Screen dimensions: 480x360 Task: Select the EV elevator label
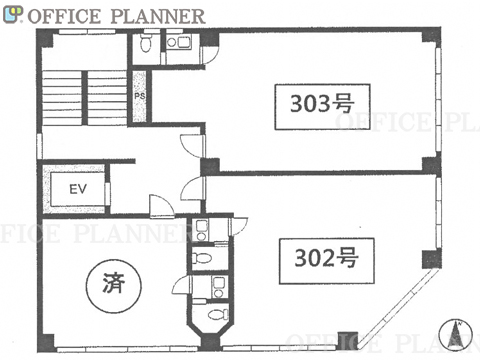point(78,189)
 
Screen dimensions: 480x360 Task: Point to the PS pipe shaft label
point(140,96)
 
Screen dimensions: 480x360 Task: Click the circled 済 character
point(114,286)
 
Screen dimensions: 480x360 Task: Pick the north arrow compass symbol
point(456,334)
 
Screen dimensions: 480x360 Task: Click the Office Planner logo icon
point(13,15)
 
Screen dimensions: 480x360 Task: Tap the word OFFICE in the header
point(64,16)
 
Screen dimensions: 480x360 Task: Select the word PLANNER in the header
point(158,16)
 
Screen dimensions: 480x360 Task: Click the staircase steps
point(84,97)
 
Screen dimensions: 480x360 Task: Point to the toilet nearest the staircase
point(146,43)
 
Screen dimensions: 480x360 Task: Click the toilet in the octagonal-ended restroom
point(218,314)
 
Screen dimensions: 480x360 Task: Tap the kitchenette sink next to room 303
point(178,42)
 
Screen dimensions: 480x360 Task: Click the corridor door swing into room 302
point(193,189)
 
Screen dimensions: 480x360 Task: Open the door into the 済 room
point(162,207)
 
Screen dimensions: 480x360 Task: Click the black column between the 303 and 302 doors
point(210,167)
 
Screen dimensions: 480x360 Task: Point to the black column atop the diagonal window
point(432,259)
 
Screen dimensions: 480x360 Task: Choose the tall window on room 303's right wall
point(438,100)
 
